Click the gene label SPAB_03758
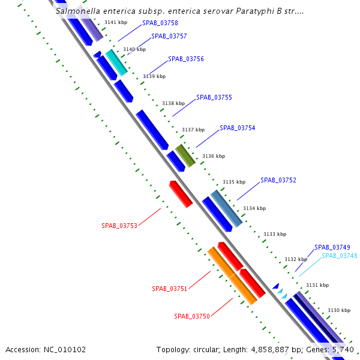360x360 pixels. (160, 23)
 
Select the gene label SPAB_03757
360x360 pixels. (169, 36)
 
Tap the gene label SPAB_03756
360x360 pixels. (185, 59)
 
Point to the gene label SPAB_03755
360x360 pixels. (214, 97)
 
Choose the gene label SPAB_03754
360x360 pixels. (237, 128)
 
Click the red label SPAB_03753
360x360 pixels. (119, 226)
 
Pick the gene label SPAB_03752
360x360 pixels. (278, 180)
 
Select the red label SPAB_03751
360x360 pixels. (169, 289)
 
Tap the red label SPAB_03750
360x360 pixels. (192, 316)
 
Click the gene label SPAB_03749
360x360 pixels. (332, 247)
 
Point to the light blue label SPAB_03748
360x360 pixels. (339, 256)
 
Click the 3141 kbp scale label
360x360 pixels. (115, 22)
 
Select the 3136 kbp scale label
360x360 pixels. (213, 156)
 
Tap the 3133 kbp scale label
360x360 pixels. (274, 234)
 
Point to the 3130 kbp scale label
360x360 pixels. (338, 310)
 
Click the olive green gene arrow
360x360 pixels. (185, 155)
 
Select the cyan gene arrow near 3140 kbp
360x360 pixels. (116, 62)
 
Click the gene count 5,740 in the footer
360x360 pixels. (343, 349)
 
